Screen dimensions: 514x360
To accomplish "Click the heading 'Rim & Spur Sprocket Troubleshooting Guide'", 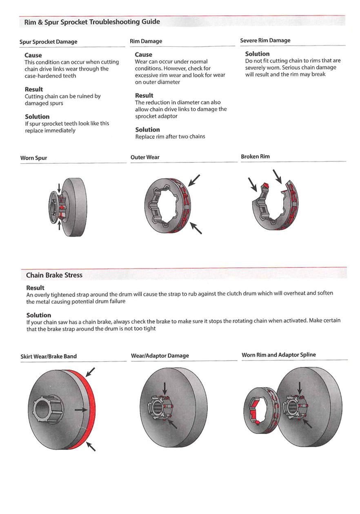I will coord(92,22).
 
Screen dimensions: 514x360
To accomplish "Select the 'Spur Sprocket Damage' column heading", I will coord(49,42).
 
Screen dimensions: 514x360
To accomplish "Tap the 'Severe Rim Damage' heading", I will coord(265,40).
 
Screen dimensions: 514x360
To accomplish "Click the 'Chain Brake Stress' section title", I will coord(54,275).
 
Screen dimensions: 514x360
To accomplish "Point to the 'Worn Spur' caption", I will coord(34,158).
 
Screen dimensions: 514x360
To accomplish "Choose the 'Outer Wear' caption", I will coord(145,157).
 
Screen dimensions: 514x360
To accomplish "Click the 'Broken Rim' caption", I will coord(255,156).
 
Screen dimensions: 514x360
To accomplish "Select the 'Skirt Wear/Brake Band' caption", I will coord(49,356).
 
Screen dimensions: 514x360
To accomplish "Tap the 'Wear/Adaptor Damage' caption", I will coord(160,356).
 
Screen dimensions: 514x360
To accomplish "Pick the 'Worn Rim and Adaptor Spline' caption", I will coord(279,355).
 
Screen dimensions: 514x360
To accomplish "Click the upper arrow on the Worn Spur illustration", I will coord(60,188).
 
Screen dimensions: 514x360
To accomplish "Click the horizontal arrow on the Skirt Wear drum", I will coord(81,409).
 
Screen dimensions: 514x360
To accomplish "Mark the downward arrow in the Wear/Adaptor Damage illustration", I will coord(164,388).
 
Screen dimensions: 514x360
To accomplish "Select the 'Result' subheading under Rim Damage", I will coord(144,96).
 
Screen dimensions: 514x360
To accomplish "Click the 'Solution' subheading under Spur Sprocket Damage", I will coord(37,116).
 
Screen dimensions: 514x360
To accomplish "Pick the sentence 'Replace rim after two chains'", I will coord(170,136).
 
